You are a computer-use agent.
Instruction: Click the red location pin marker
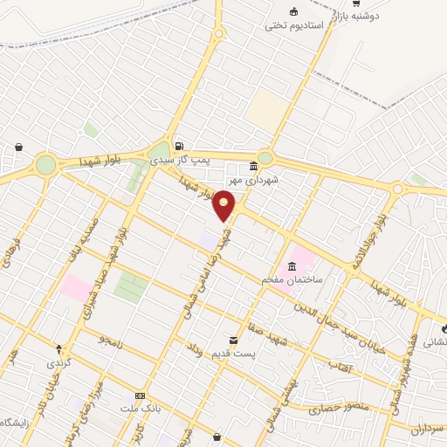pyautogui.click(x=224, y=205)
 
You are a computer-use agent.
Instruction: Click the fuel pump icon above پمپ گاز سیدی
pyautogui.click(x=179, y=146)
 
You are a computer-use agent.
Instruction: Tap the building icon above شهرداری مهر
pyautogui.click(x=254, y=166)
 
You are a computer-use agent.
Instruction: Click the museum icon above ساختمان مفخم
pyautogui.click(x=292, y=265)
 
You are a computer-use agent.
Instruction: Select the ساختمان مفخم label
pyautogui.click(x=292, y=279)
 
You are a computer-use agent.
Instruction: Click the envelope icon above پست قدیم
pyautogui.click(x=233, y=340)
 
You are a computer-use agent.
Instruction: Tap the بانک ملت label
pyautogui.click(x=141, y=409)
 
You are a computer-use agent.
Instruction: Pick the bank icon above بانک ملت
pyautogui.click(x=141, y=395)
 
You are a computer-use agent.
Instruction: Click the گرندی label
pyautogui.click(x=58, y=361)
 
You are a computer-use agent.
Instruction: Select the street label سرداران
pyautogui.click(x=429, y=429)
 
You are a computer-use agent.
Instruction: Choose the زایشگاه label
pyautogui.click(x=17, y=423)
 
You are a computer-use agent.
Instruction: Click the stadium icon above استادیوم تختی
pyautogui.click(x=294, y=11)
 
